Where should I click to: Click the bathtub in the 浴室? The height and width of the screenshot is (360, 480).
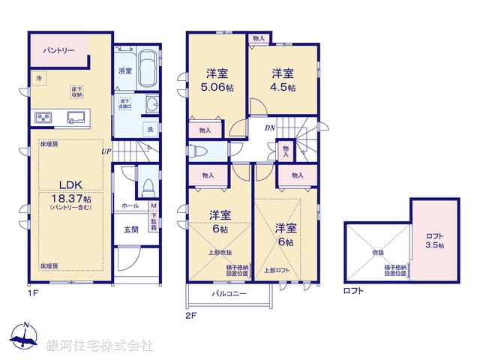[147, 70]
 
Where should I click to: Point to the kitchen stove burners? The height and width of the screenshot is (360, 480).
[42, 118]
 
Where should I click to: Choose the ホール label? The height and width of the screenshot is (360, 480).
[129, 205]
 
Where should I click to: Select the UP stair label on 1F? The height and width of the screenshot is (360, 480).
[107, 151]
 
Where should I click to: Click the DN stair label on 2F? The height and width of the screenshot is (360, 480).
[269, 128]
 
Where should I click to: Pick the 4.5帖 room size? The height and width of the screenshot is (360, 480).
[284, 86]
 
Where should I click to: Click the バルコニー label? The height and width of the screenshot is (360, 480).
[229, 294]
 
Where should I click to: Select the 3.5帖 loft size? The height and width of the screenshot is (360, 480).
[435, 245]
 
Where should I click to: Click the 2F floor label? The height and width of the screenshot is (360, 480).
[190, 316]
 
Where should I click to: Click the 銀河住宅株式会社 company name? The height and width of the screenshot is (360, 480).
[100, 345]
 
